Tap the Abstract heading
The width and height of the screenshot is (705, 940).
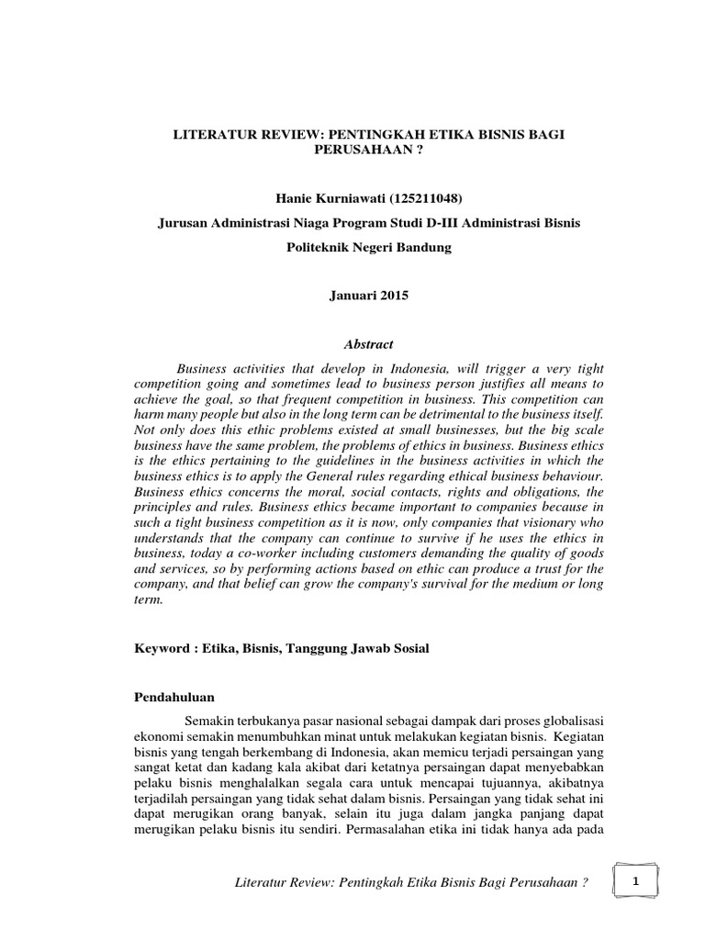coord(368,344)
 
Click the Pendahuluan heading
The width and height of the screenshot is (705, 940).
coord(173,698)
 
